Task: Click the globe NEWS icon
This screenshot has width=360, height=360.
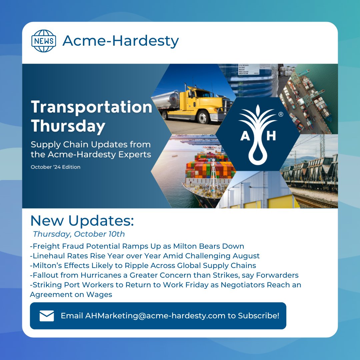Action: pos(44,41)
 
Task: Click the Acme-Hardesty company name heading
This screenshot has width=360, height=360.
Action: pos(121,41)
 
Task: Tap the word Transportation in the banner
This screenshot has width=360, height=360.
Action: pos(91,107)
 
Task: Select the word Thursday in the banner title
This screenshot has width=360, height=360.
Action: pos(68,126)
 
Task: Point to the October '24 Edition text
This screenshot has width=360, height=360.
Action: pos(55,167)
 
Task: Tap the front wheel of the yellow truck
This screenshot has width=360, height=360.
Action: pos(203,117)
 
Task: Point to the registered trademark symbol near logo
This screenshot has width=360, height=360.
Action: pos(281,114)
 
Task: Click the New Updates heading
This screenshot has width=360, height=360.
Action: pos(82,221)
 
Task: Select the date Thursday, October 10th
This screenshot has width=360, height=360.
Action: pos(79,234)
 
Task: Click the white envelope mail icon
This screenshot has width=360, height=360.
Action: pos(47,316)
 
